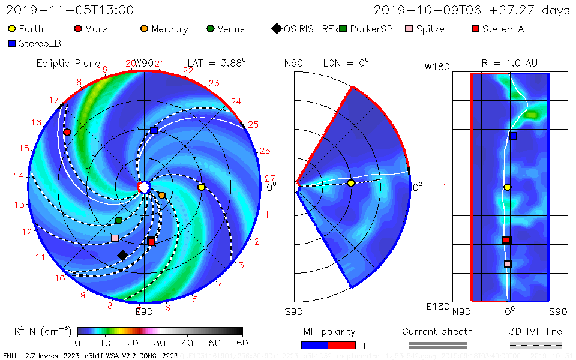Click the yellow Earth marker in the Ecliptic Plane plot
(x=201, y=187)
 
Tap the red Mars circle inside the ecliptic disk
(x=67, y=132)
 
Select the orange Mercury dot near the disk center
(x=161, y=195)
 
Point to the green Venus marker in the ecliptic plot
(x=118, y=220)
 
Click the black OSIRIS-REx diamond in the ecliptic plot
(x=122, y=255)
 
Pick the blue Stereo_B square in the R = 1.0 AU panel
(x=514, y=136)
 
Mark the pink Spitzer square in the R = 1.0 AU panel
(x=508, y=263)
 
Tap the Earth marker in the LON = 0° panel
(x=351, y=183)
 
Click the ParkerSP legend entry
(x=365, y=29)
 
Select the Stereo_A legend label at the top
(x=503, y=29)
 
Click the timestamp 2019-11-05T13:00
(x=70, y=10)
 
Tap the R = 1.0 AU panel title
(x=509, y=63)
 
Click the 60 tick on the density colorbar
(x=242, y=343)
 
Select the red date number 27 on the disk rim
(x=269, y=178)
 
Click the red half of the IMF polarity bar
(x=342, y=345)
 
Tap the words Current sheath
(x=437, y=331)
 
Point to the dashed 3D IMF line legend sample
(x=536, y=345)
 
